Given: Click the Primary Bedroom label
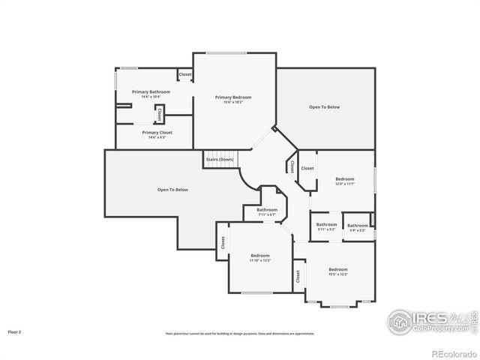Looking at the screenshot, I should click(232, 97).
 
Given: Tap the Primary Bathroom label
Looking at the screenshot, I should click(151, 91).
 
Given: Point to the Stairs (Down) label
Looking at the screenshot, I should click(220, 159).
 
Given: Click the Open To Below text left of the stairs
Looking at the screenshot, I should click(172, 190).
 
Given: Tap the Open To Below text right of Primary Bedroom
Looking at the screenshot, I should click(324, 107).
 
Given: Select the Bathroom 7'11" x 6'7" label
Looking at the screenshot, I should click(267, 210).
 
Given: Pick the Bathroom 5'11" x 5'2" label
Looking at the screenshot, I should click(326, 225).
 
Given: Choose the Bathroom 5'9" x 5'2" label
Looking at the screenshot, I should click(357, 226).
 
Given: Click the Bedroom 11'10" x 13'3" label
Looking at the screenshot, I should click(260, 256).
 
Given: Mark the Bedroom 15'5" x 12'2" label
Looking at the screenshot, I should click(337, 269).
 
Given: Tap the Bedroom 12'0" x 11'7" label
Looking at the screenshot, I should click(344, 179).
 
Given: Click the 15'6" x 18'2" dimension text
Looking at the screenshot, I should click(232, 102).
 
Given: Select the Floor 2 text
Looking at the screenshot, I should click(15, 331).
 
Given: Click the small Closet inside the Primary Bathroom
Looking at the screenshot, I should click(159, 115).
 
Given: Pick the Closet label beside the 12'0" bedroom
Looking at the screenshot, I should click(307, 168).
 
